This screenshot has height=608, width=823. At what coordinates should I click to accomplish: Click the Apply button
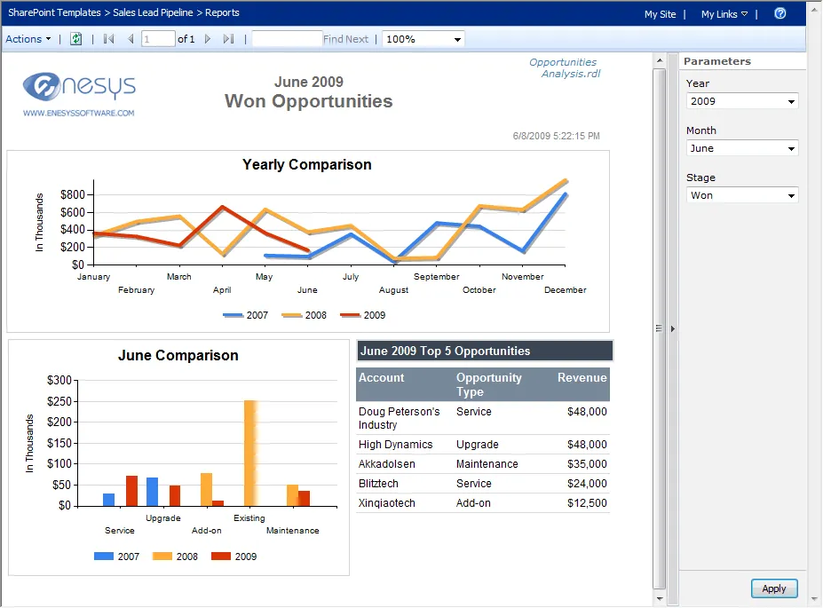point(774,588)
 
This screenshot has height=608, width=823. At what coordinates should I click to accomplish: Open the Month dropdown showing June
point(742,148)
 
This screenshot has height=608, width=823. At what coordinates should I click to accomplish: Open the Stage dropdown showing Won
point(742,195)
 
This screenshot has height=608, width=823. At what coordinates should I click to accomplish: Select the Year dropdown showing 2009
point(742,101)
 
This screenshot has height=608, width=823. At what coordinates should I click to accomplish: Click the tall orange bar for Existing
point(249,453)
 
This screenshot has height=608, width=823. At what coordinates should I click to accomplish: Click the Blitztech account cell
point(379,484)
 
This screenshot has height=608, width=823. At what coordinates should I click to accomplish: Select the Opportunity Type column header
point(489,384)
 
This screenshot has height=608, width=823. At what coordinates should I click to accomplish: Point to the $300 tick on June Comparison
point(59,380)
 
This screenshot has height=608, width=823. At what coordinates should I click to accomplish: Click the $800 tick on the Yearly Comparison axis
point(73,194)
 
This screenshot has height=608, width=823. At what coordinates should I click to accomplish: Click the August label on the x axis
point(393,290)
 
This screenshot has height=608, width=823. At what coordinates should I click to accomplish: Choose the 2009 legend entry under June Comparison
point(234,557)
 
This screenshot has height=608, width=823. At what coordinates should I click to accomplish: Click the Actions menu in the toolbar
point(28,39)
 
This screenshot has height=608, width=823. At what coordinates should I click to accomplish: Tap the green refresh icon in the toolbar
point(76,39)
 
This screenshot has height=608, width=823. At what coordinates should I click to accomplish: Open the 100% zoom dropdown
point(423,39)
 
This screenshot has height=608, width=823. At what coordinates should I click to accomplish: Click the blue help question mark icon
point(779,13)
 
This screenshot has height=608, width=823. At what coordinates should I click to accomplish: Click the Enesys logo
point(79,89)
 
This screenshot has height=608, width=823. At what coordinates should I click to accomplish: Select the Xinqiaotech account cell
point(388,503)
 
